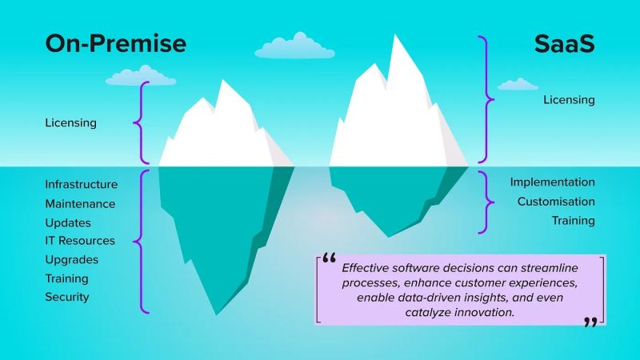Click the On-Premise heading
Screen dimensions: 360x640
pyautogui.click(x=115, y=43)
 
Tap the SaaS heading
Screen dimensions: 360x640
pyautogui.click(x=564, y=43)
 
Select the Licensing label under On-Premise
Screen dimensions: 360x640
pyautogui.click(x=71, y=123)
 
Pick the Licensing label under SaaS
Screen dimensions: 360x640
pyautogui.click(x=569, y=100)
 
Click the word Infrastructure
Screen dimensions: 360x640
pyautogui.click(x=82, y=185)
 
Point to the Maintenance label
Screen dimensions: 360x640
pyautogui.click(x=80, y=204)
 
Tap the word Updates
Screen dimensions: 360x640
pyautogui.click(x=68, y=222)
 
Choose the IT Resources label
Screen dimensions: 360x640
pyautogui.click(x=80, y=241)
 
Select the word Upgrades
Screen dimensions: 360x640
pyautogui.click(x=72, y=260)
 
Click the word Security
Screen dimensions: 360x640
pyautogui.click(x=67, y=297)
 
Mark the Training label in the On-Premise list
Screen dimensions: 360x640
pyautogui.click(x=67, y=278)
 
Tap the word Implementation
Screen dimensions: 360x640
pyautogui.click(x=553, y=182)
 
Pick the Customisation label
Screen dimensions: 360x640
pyautogui.click(x=556, y=202)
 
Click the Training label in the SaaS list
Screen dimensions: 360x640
pyautogui.click(x=574, y=220)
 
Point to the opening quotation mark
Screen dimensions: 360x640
pyautogui.click(x=328, y=260)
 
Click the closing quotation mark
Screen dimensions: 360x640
pyautogui.click(x=590, y=322)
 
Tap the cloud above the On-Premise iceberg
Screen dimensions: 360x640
pyautogui.click(x=141, y=77)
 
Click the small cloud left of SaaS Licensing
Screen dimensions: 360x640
pyautogui.click(x=518, y=84)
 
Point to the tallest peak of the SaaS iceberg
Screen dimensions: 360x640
pyautogui.click(x=397, y=40)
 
